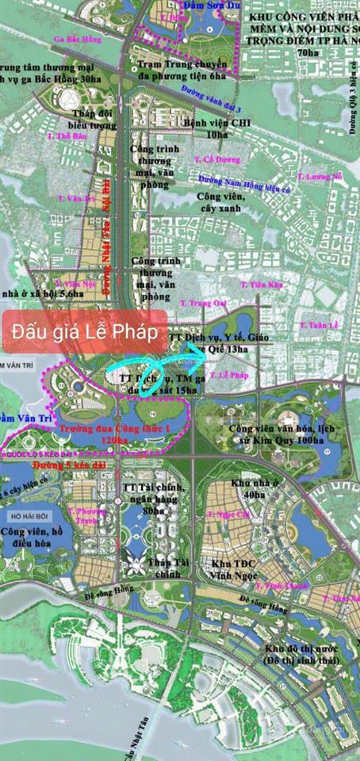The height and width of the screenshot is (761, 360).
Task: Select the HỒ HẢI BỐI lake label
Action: (24, 515)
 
